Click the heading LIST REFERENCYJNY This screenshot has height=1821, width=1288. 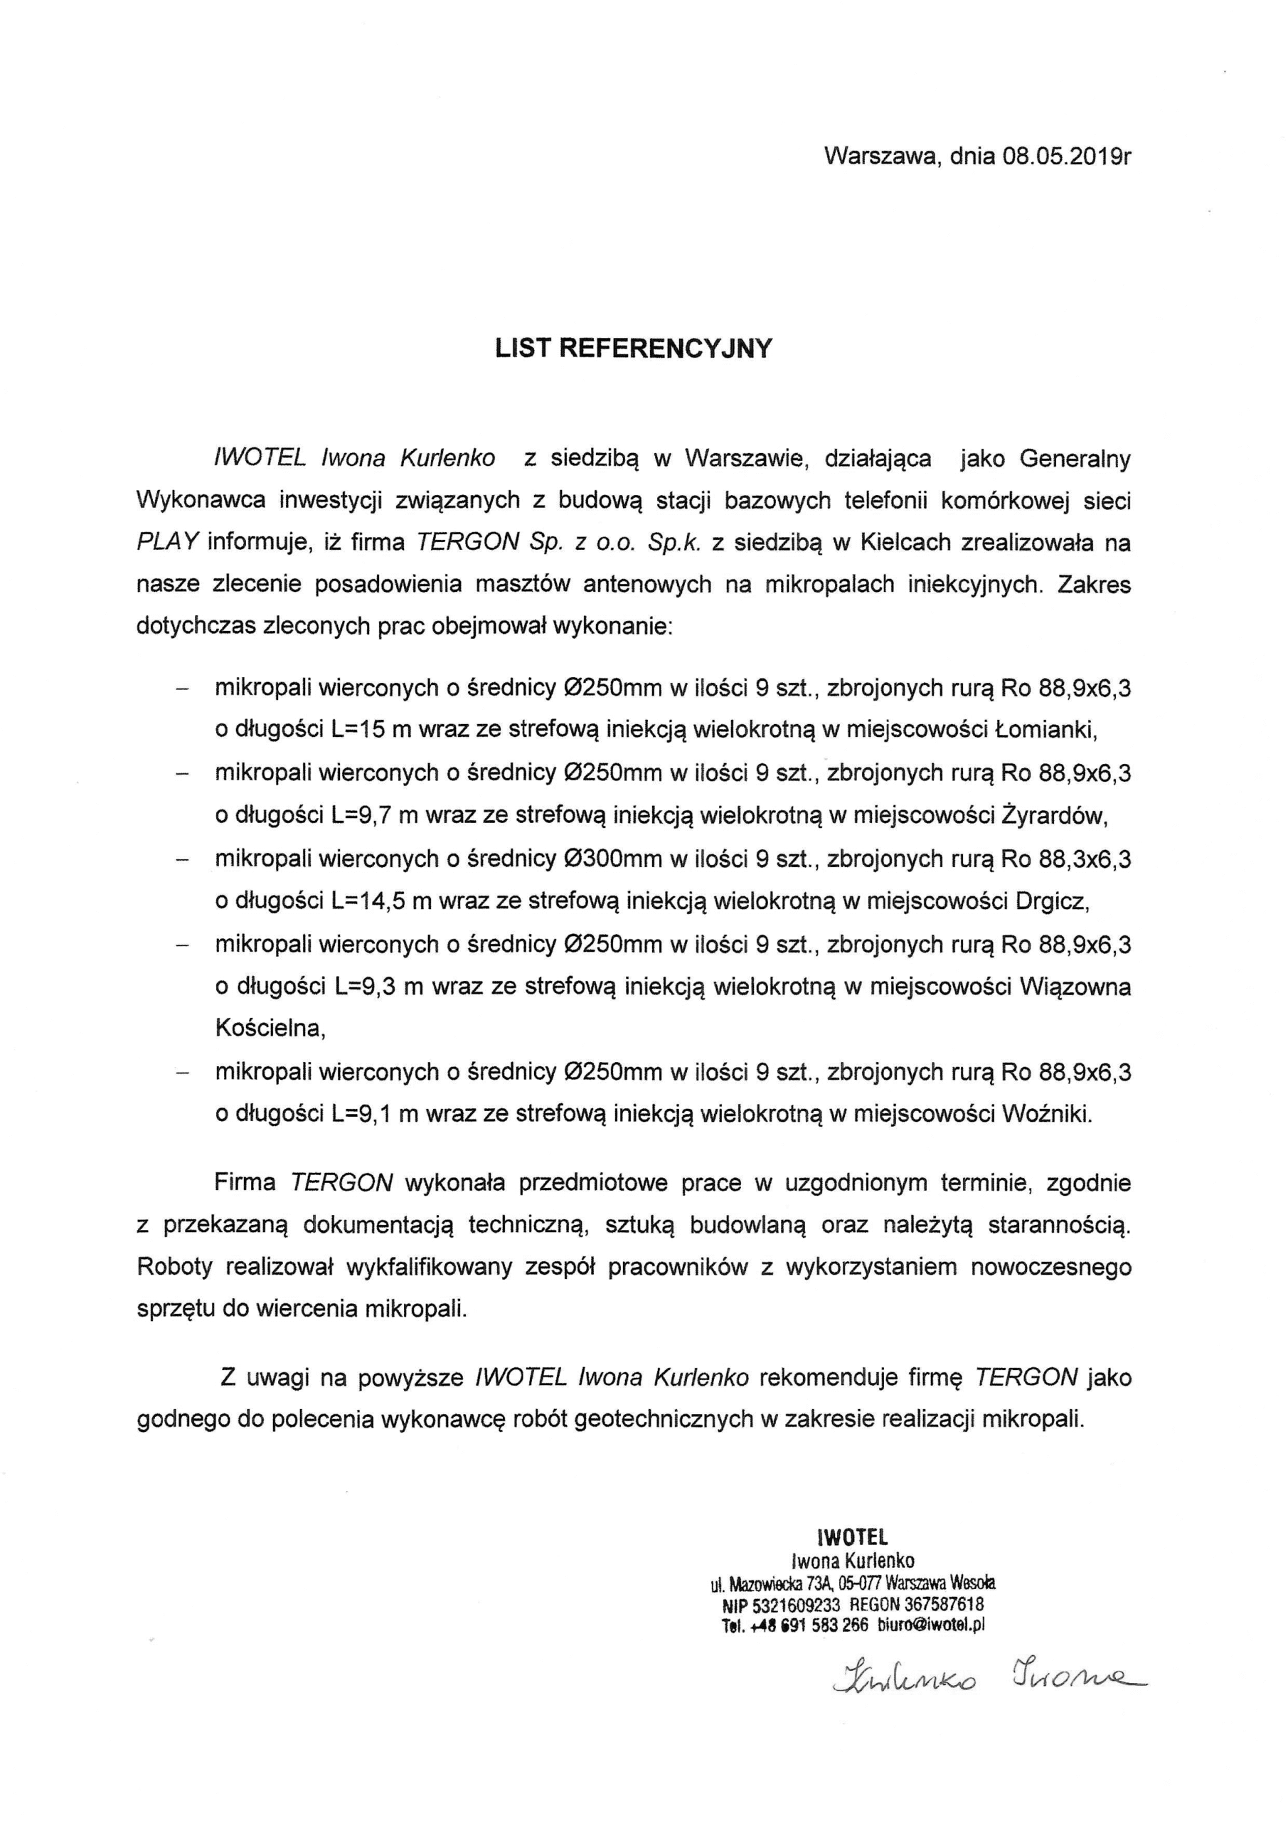(x=633, y=349)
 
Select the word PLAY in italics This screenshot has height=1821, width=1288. (x=167, y=543)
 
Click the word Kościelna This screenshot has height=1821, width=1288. (x=270, y=1029)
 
